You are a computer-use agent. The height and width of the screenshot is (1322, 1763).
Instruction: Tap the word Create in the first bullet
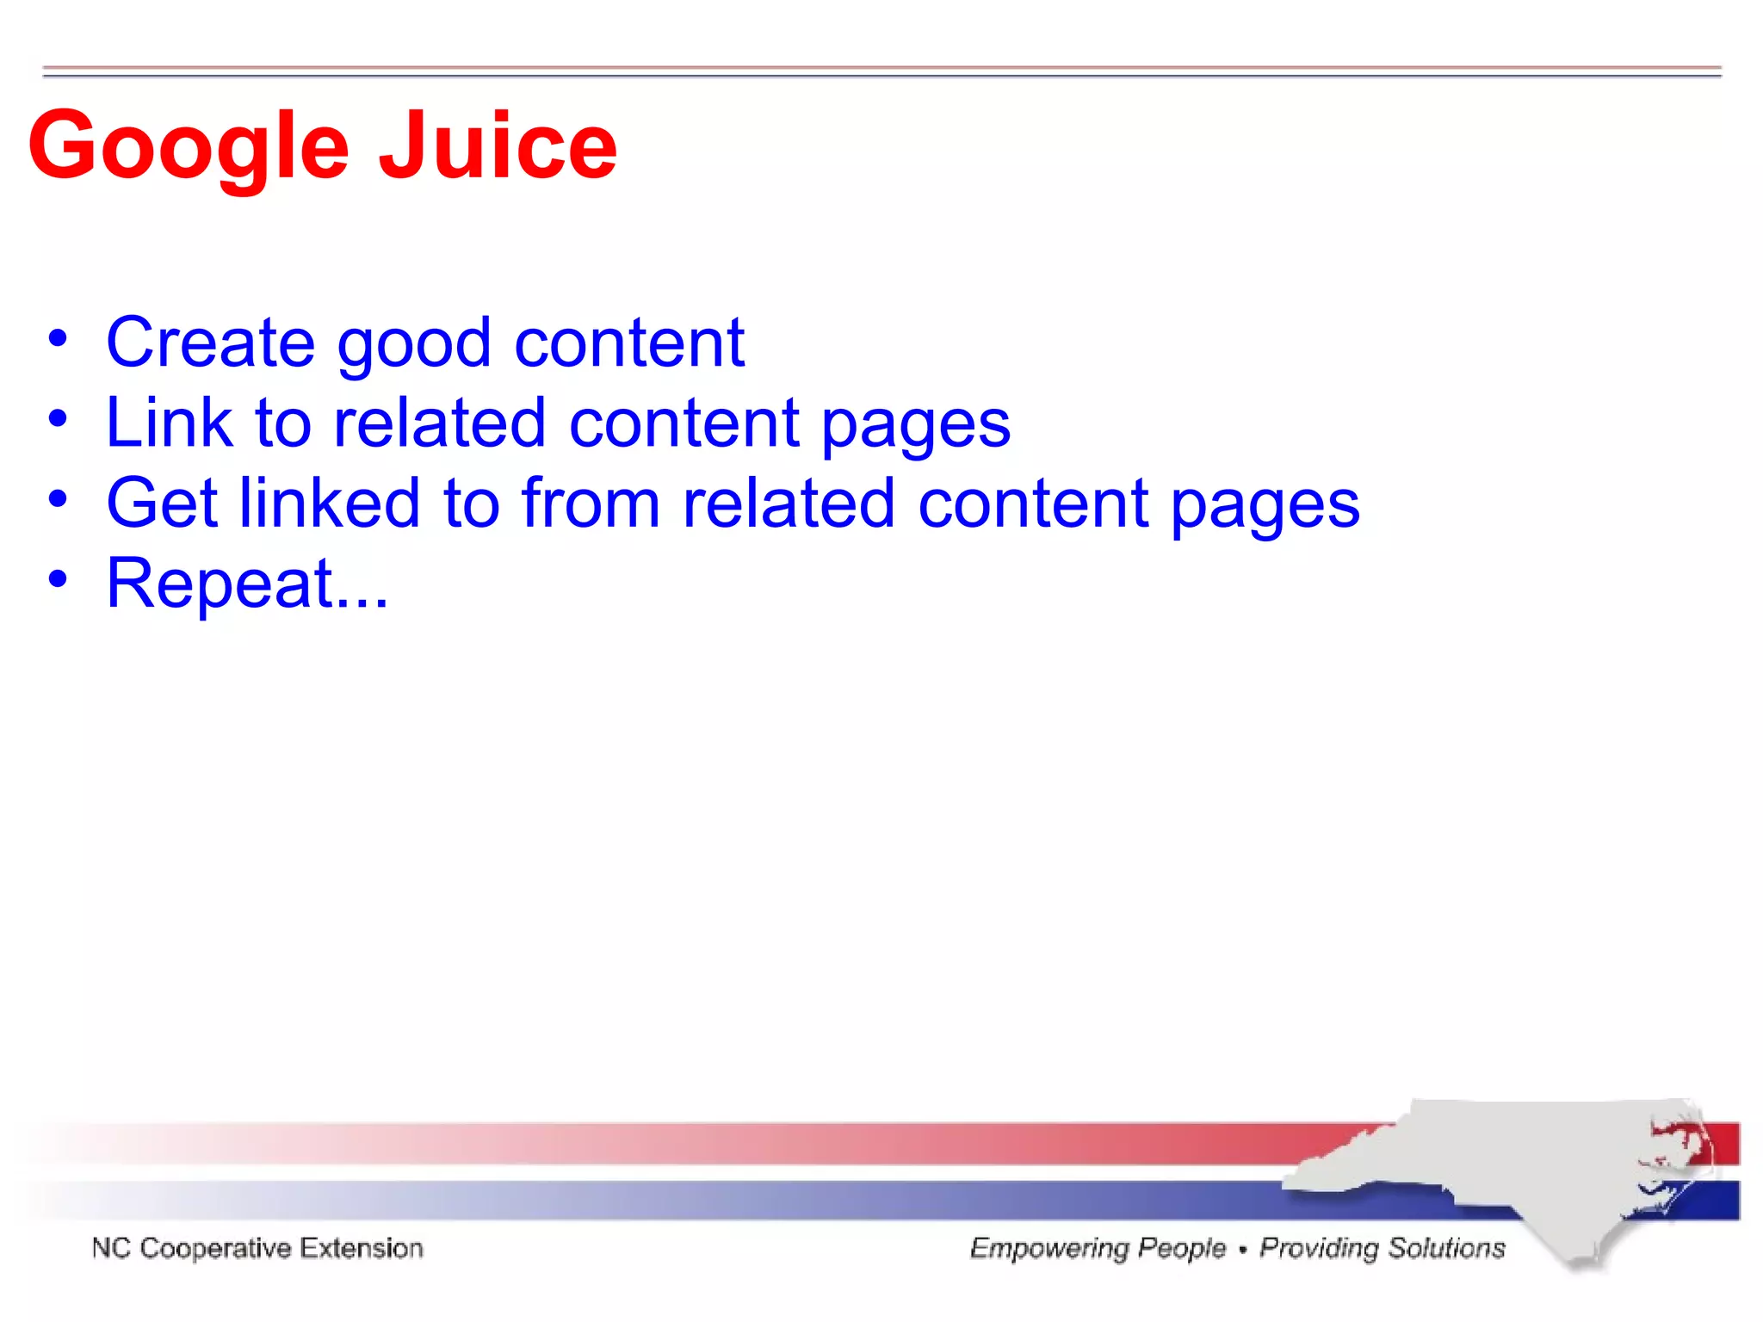point(210,343)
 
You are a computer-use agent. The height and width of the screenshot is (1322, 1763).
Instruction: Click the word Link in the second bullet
point(169,423)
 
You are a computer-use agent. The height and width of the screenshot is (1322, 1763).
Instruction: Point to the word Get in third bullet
point(162,503)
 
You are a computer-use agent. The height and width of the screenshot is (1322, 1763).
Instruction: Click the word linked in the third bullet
point(329,503)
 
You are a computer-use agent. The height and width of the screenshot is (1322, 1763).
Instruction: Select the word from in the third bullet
point(590,503)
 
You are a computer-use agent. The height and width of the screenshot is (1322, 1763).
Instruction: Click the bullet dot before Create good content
point(58,338)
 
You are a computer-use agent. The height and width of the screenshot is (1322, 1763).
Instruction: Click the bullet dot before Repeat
point(58,578)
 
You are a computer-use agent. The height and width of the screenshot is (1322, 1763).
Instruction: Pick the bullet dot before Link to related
point(58,419)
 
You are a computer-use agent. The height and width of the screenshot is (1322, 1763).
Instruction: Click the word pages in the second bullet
point(915,426)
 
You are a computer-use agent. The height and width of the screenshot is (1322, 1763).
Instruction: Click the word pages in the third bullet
point(1265,506)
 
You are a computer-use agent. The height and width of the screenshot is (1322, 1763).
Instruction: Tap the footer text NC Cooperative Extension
point(257,1248)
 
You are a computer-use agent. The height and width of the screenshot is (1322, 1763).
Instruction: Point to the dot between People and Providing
point(1242,1249)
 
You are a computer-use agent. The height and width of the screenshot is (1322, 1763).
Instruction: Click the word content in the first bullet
point(628,343)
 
